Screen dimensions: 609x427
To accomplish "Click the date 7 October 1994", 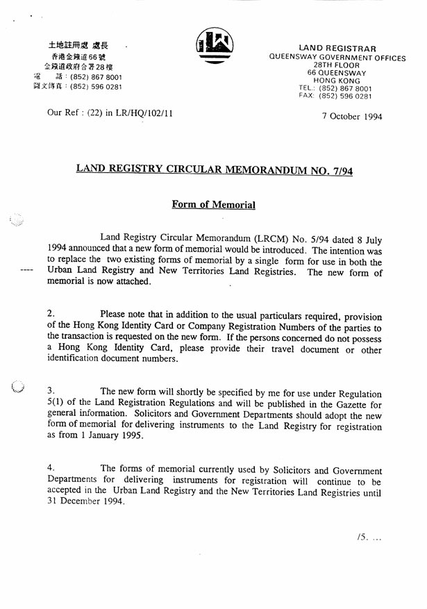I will click(x=352, y=117).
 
